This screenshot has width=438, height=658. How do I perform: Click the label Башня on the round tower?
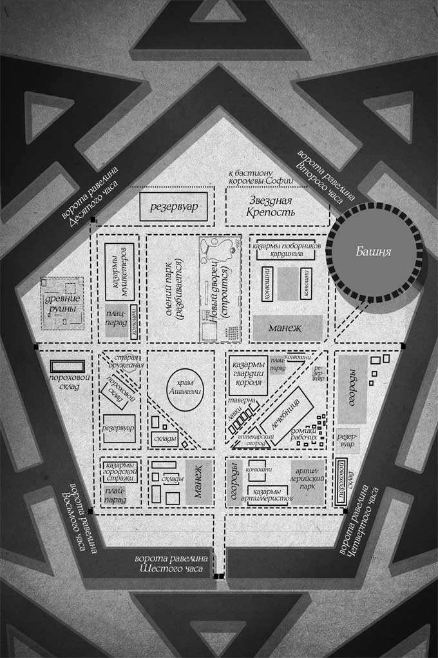(374, 252)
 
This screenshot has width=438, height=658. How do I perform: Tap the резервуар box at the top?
(173, 206)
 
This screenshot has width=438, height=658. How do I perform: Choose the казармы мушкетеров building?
(119, 271)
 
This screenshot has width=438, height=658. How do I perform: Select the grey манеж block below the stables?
(287, 328)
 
